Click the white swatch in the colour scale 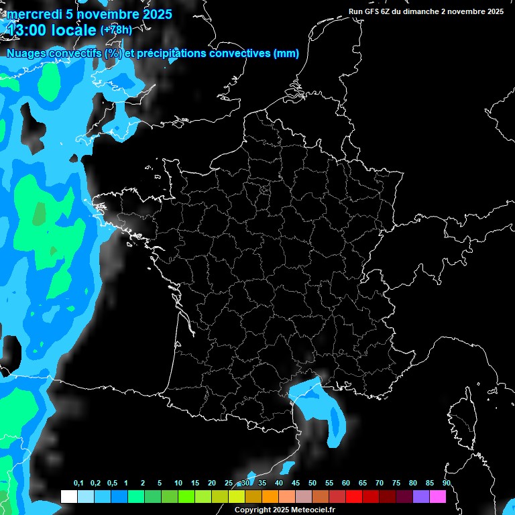69,496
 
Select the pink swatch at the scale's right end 438,496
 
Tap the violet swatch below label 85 421,496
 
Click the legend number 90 446,483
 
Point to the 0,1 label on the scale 78,483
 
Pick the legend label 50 312,483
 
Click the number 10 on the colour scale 178,483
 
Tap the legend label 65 363,483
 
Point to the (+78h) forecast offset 116,30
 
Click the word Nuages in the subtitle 25,54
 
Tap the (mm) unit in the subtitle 286,54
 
